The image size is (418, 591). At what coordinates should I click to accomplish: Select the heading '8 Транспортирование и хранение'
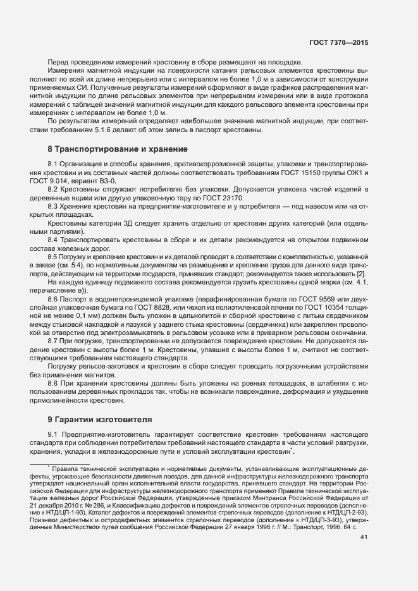pyautogui.click(x=118, y=149)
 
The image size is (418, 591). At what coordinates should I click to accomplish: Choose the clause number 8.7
pyautogui.click(x=54, y=339)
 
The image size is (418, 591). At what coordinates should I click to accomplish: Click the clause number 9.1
pyautogui.click(x=54, y=434)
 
